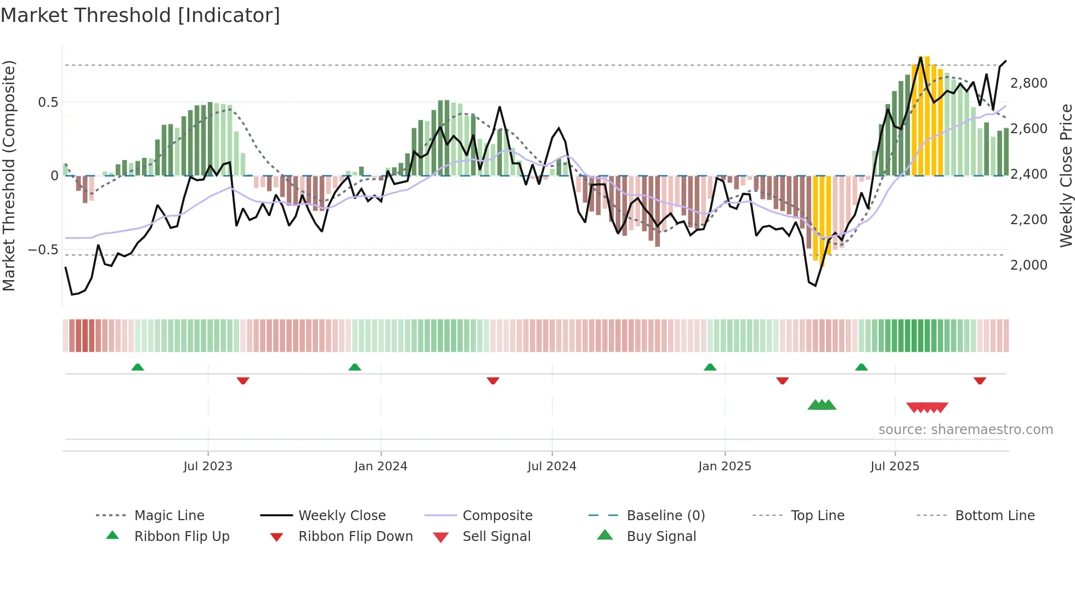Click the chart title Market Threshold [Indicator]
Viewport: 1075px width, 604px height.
(x=140, y=15)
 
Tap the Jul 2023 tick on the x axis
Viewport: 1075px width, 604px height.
(x=208, y=466)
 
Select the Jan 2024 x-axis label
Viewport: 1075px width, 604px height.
(x=381, y=466)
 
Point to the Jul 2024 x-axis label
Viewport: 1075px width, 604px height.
(x=552, y=466)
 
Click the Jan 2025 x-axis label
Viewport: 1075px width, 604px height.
(x=725, y=466)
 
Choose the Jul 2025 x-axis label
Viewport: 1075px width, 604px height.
(x=895, y=466)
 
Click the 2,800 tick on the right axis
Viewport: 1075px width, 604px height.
(x=1028, y=83)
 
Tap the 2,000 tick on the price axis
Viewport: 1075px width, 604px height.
(x=1028, y=265)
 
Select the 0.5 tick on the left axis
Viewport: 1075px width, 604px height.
(x=48, y=102)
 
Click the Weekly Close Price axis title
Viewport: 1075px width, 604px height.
(x=1065, y=175)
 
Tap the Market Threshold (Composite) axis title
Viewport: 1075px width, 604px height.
(x=9, y=175)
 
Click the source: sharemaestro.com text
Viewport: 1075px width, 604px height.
(x=965, y=429)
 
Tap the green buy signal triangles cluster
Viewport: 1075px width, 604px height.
(x=822, y=405)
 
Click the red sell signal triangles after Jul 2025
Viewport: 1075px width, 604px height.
(x=927, y=407)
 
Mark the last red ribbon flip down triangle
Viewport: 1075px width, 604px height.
(x=980, y=380)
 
